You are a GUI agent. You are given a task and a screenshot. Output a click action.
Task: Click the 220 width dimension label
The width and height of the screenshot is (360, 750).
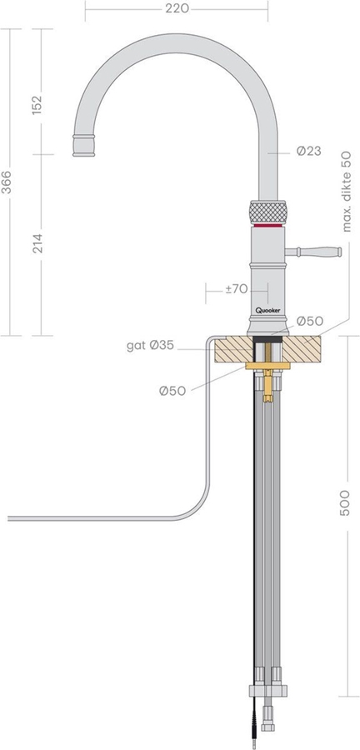point(177,8)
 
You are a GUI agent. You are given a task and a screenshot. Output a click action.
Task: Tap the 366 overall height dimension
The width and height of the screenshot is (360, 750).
point(7,182)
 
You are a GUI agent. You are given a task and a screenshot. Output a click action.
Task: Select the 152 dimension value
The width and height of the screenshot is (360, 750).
point(37,105)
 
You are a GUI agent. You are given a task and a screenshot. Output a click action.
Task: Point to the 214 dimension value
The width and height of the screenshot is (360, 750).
point(37,243)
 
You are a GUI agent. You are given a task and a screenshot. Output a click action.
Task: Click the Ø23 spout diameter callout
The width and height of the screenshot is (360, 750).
point(309,151)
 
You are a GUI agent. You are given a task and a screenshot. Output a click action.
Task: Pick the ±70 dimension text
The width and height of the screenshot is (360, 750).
point(237,289)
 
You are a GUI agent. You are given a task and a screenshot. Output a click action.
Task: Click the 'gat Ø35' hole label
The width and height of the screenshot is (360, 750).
point(150,345)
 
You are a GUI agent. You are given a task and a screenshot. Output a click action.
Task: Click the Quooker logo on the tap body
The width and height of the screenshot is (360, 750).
point(267,310)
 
